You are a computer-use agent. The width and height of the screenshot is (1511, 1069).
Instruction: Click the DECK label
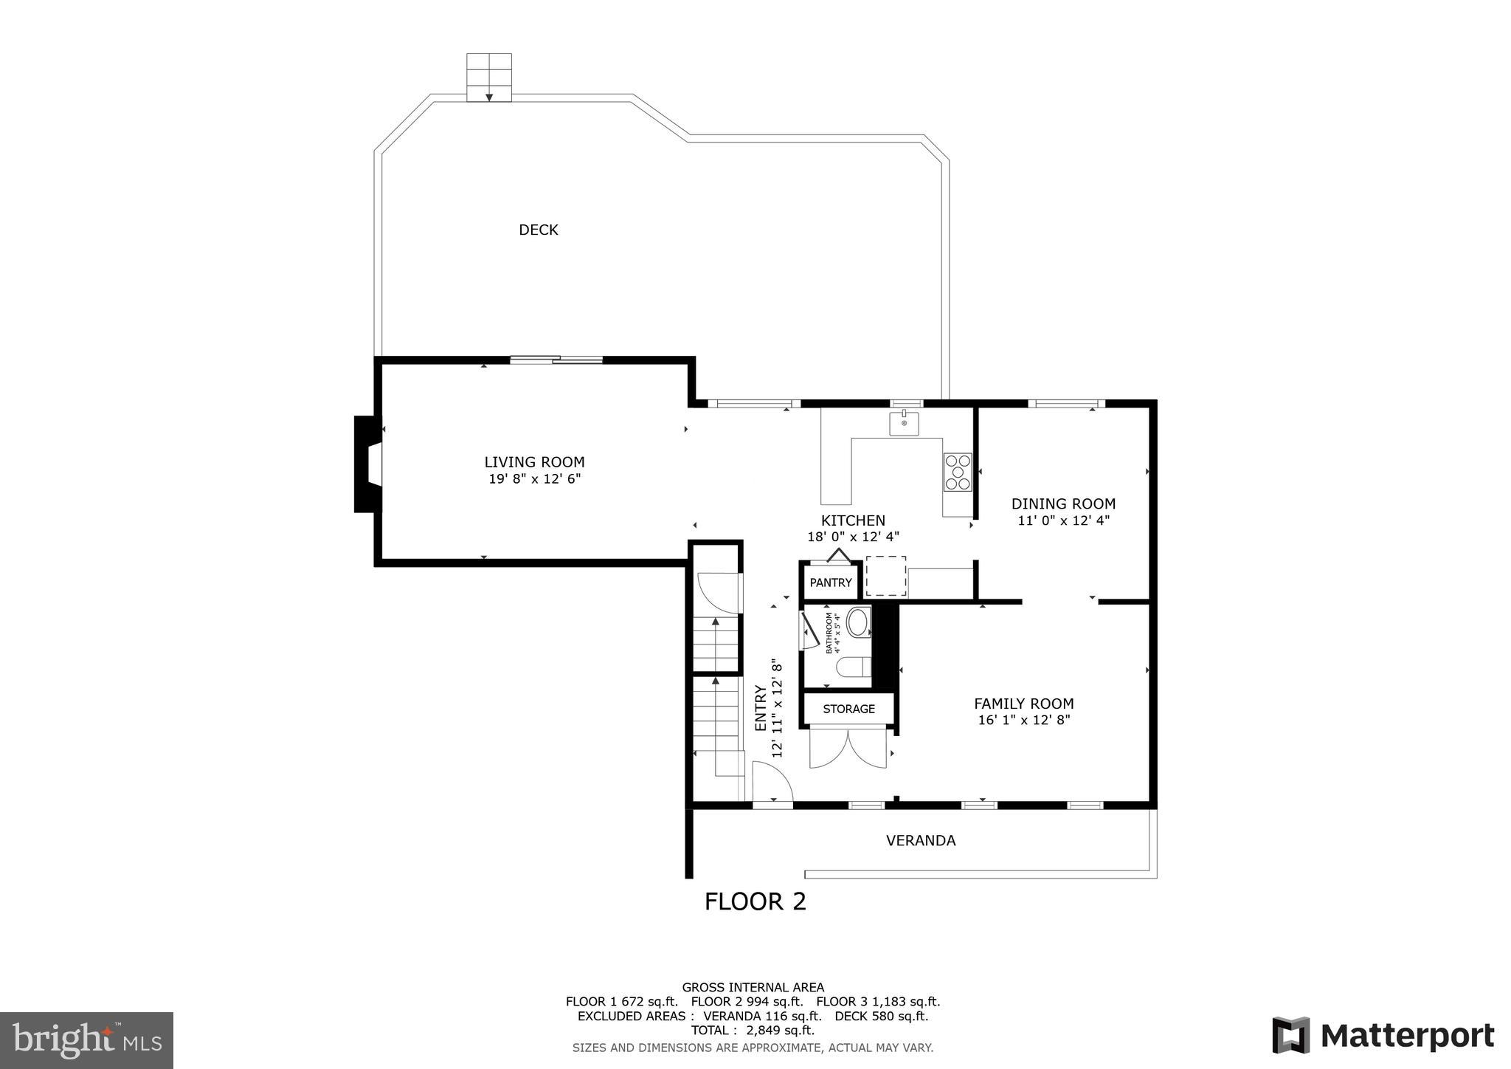pos(538,230)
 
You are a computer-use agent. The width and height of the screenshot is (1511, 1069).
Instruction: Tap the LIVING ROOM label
pos(534,462)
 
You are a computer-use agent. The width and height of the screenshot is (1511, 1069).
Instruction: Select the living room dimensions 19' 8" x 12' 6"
pos(534,479)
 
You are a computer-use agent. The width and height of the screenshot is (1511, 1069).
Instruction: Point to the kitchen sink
pos(904,424)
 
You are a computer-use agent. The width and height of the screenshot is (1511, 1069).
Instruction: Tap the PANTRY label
pos(831,582)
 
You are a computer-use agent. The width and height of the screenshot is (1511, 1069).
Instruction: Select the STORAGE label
pos(848,709)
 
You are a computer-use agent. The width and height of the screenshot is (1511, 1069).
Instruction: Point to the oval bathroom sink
pos(858,622)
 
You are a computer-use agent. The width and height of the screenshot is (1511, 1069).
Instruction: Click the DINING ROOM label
pos(1062,503)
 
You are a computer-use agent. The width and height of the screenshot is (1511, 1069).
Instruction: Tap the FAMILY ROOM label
pos(1023,704)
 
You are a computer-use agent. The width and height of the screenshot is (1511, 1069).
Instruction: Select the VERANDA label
pos(920,840)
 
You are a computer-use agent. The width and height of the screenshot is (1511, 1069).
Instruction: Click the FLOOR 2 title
pos(755,901)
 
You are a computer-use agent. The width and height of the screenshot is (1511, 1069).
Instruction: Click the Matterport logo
pos(1383,1035)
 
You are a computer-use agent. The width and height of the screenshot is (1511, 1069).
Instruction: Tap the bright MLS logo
pos(86,1040)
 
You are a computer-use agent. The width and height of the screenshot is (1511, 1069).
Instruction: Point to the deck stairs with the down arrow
pos(489,78)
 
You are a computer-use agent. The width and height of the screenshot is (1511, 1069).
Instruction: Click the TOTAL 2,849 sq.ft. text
pos(753,1030)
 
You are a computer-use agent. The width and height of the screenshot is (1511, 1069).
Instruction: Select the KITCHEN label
pos(853,520)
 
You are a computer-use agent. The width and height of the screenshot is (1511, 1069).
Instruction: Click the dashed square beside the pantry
pos(885,576)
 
